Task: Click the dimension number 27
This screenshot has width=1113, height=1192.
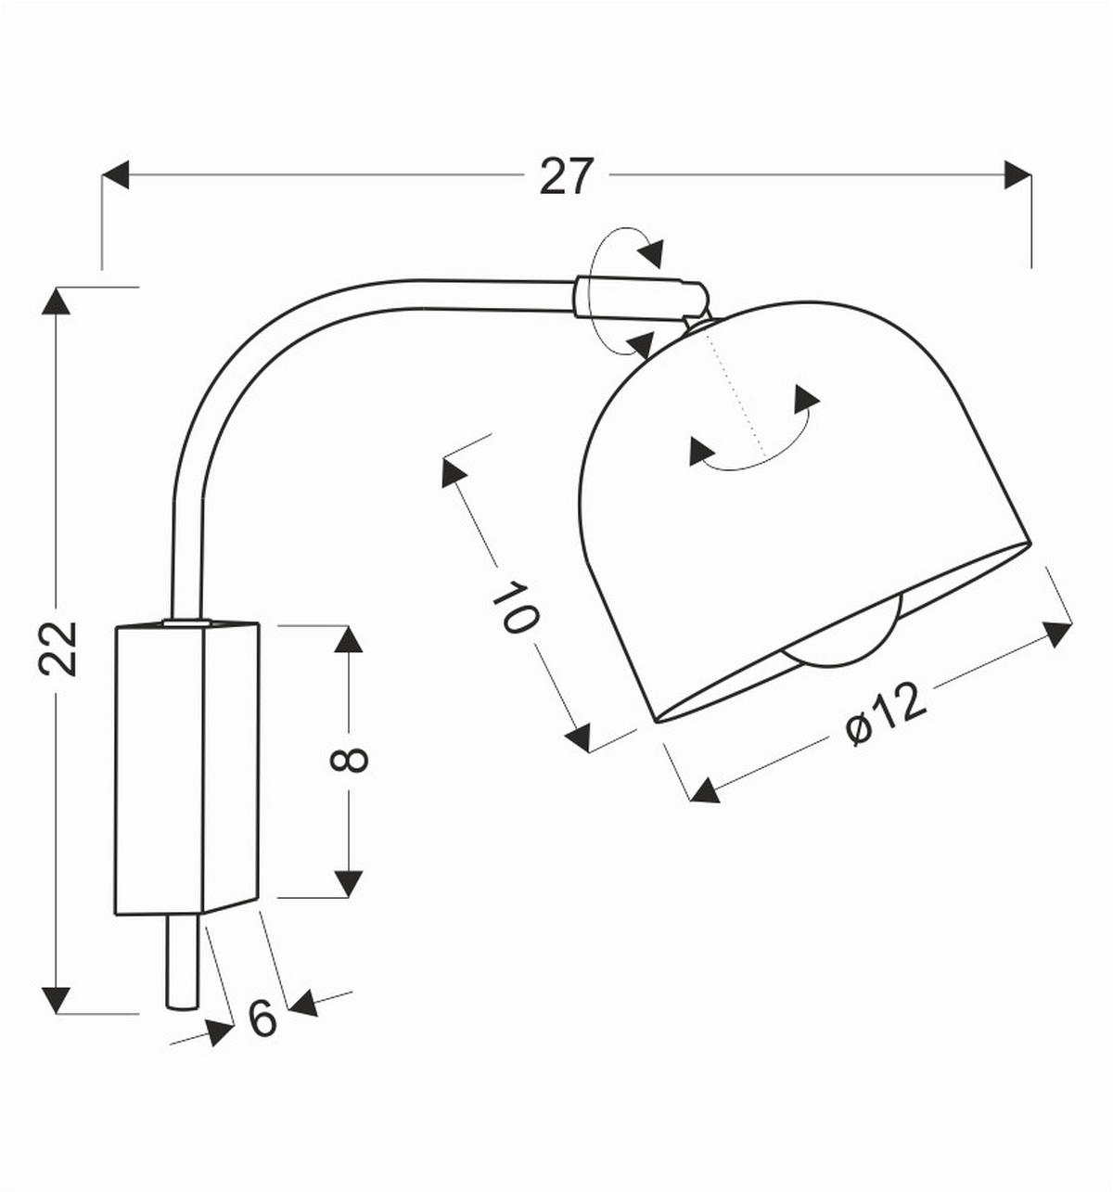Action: pos(565,176)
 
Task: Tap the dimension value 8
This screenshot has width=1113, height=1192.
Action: pos(350,761)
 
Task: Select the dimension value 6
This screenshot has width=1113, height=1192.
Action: pos(263,1019)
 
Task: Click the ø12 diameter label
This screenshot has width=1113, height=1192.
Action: pos(887,713)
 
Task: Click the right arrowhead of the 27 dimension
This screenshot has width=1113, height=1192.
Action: pos(1017,174)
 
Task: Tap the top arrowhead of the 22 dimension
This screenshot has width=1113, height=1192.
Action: pos(57,301)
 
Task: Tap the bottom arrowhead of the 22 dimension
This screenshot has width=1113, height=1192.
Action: pos(57,1000)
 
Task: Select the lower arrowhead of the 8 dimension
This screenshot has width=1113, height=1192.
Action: pos(349,883)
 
